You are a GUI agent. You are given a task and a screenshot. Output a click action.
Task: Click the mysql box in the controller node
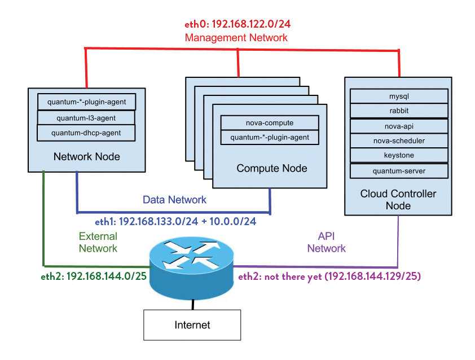[399, 96]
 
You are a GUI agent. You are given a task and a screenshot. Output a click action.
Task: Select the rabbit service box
[399, 111]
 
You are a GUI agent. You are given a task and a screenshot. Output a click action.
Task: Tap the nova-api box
[399, 126]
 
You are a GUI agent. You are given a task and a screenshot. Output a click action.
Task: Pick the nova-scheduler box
[399, 141]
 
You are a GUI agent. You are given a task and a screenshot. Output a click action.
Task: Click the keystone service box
[399, 155]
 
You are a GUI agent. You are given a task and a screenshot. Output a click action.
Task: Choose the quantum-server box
[399, 170]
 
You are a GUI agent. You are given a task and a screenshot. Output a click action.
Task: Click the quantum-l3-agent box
[86, 118]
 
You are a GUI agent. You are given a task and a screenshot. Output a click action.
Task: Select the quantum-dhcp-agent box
[86, 133]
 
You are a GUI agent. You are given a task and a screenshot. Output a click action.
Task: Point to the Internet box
[192, 325]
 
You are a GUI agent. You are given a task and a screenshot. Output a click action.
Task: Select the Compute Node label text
[271, 168]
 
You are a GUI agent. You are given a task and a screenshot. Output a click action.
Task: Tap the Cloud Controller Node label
[398, 200]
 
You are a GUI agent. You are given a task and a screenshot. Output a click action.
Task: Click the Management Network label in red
[236, 38]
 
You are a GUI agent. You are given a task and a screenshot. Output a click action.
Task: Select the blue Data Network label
[174, 200]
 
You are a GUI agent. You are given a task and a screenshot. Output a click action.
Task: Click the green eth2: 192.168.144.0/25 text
[90, 276]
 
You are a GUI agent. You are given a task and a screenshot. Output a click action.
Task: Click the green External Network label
[98, 242]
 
